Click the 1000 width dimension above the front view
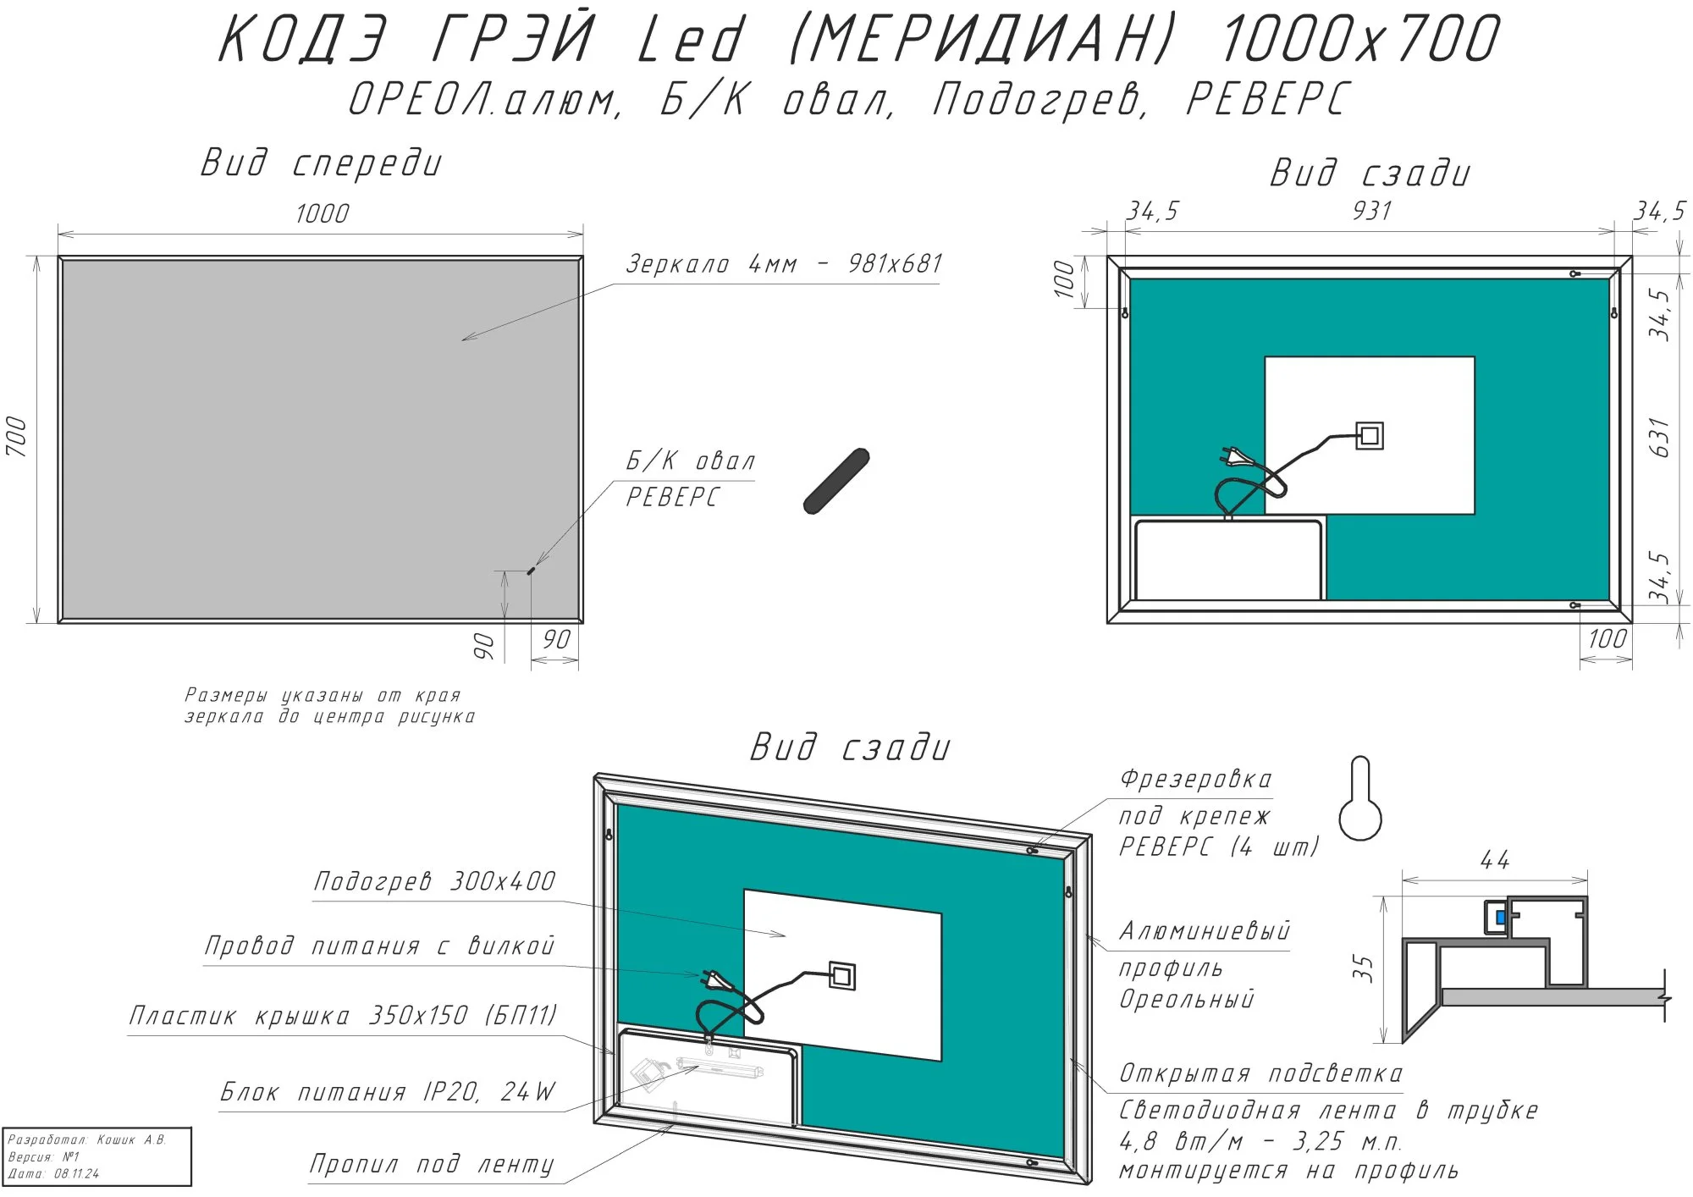pyautogui.click(x=323, y=213)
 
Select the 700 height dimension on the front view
pyautogui.click(x=17, y=437)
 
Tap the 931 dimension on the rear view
pyautogui.click(x=1372, y=210)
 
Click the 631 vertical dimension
pyautogui.click(x=1661, y=437)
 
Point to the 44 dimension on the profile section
pyautogui.click(x=1495, y=860)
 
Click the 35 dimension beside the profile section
pyautogui.click(x=1363, y=968)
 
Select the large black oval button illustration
pyautogui.click(x=836, y=481)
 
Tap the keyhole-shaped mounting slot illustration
pyautogui.click(x=1360, y=798)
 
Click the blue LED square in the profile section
pyautogui.click(x=1501, y=917)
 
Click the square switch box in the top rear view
pyautogui.click(x=1370, y=436)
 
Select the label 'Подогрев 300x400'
pyautogui.click(x=435, y=881)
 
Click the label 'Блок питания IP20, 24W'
pyautogui.click(x=389, y=1092)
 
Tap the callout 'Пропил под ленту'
pyautogui.click(x=432, y=1165)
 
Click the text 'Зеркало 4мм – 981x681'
pyautogui.click(x=784, y=264)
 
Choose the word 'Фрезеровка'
pyautogui.click(x=1195, y=779)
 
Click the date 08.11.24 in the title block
pyautogui.click(x=76, y=1173)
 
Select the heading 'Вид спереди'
pyautogui.click(x=322, y=163)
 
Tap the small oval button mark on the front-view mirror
pyautogui.click(x=531, y=571)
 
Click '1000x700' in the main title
pyautogui.click(x=1359, y=39)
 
